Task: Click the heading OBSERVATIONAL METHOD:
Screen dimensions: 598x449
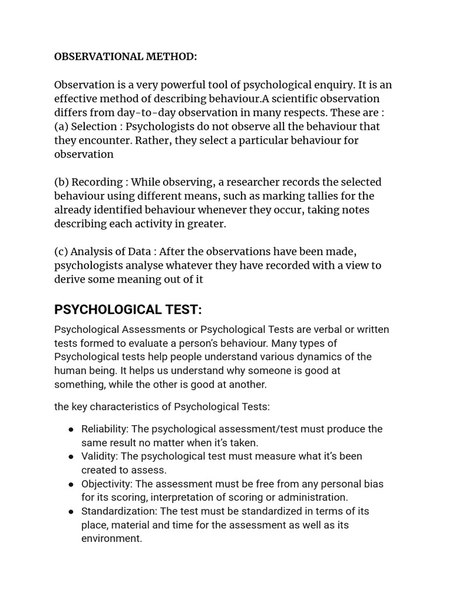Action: [x=126, y=57]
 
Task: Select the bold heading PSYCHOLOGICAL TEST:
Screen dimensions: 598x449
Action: [x=128, y=309]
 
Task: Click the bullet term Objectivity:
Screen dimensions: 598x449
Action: [x=108, y=484]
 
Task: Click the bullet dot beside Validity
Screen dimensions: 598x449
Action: [x=71, y=457]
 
